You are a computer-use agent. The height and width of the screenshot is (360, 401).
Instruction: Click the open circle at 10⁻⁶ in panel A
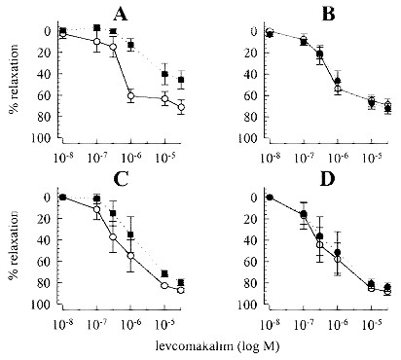130,95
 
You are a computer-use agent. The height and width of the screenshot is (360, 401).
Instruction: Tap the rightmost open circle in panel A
180,107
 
